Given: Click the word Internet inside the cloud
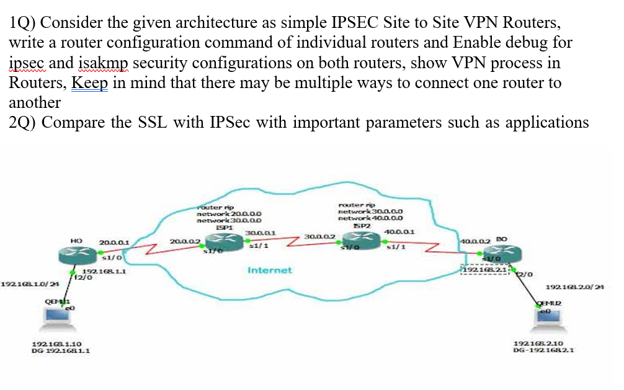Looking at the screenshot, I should coord(269,270).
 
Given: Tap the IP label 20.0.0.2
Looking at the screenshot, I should coord(185,240).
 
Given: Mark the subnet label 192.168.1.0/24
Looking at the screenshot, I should coord(25,283).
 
